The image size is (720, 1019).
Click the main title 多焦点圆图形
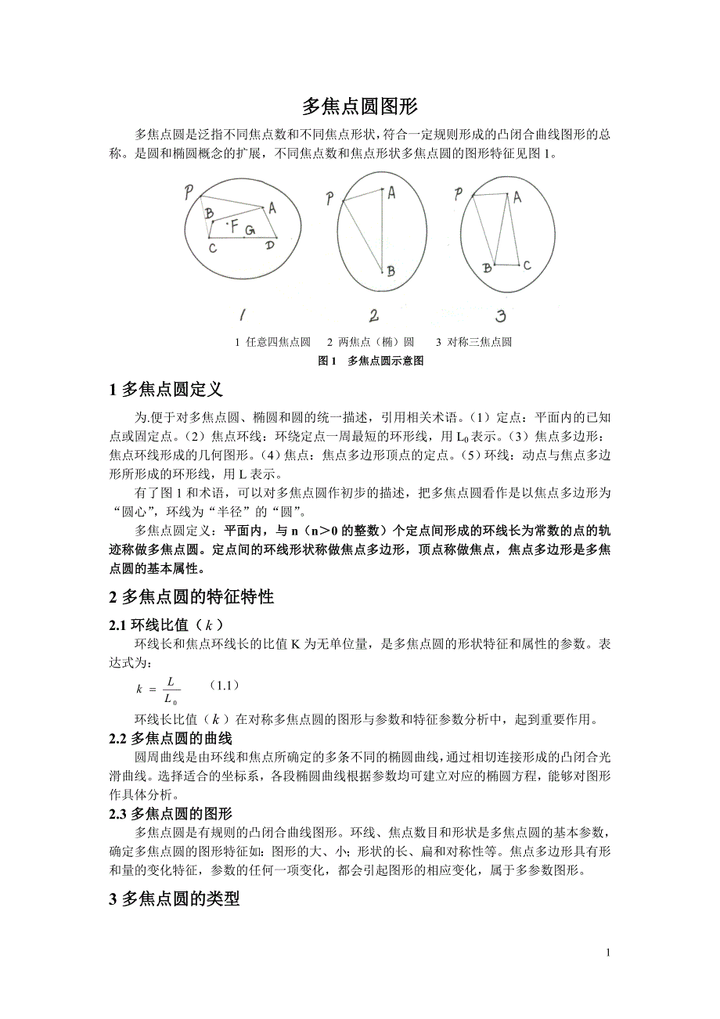click(x=360, y=107)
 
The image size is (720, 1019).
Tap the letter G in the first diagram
click(x=250, y=230)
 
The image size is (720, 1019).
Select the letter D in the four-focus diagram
click(x=270, y=247)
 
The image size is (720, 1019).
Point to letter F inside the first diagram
click(x=234, y=226)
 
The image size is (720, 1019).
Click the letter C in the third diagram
click(x=527, y=265)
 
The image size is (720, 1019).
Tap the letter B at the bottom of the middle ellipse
click(x=391, y=272)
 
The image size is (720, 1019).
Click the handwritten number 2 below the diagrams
click(x=374, y=315)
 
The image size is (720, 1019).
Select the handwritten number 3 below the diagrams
click(x=500, y=315)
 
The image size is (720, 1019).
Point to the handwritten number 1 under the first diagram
click(x=243, y=315)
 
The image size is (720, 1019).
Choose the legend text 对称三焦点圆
click(x=479, y=342)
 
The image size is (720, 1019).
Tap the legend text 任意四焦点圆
click(x=278, y=342)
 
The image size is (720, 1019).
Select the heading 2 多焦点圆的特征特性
click(x=192, y=597)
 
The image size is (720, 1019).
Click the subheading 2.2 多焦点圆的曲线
click(x=170, y=738)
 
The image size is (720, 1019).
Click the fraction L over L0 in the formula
click(x=169, y=690)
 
